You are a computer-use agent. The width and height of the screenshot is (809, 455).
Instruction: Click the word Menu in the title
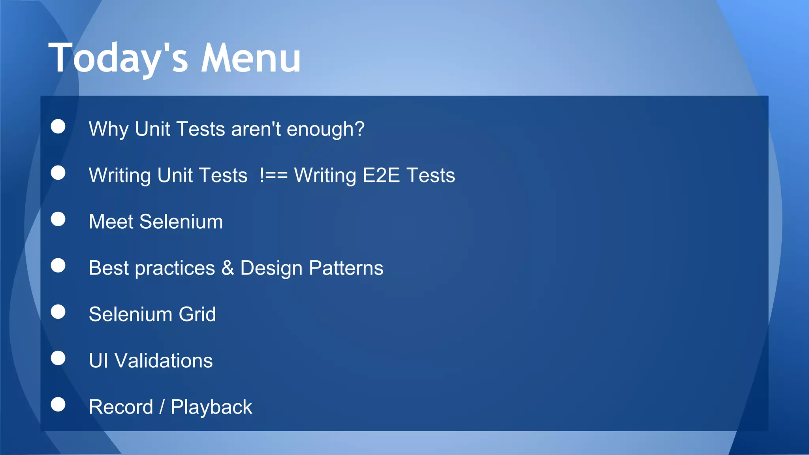251,58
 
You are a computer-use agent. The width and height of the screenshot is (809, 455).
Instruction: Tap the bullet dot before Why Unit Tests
58,126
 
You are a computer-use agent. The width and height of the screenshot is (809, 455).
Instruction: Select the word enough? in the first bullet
325,130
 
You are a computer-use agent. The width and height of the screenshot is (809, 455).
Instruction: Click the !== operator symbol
273,175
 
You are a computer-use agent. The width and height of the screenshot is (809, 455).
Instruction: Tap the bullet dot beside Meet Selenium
58,219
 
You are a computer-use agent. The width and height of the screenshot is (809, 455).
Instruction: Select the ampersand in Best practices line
228,268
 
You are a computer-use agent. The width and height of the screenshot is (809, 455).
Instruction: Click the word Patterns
346,268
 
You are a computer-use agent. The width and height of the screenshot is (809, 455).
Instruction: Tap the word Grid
197,314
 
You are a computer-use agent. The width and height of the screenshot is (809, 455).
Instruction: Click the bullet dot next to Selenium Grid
58,312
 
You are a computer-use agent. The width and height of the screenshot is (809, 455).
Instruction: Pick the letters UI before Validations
98,361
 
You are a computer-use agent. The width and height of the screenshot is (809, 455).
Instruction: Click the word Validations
164,361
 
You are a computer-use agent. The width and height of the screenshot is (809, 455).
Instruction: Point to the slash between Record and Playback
162,407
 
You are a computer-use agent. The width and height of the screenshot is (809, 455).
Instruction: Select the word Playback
211,407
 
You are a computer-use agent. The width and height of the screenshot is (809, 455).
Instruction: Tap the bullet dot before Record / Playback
58,404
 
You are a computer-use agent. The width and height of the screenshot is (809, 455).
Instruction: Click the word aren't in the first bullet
256,129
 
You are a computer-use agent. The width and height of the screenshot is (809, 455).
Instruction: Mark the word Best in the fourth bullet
109,268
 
